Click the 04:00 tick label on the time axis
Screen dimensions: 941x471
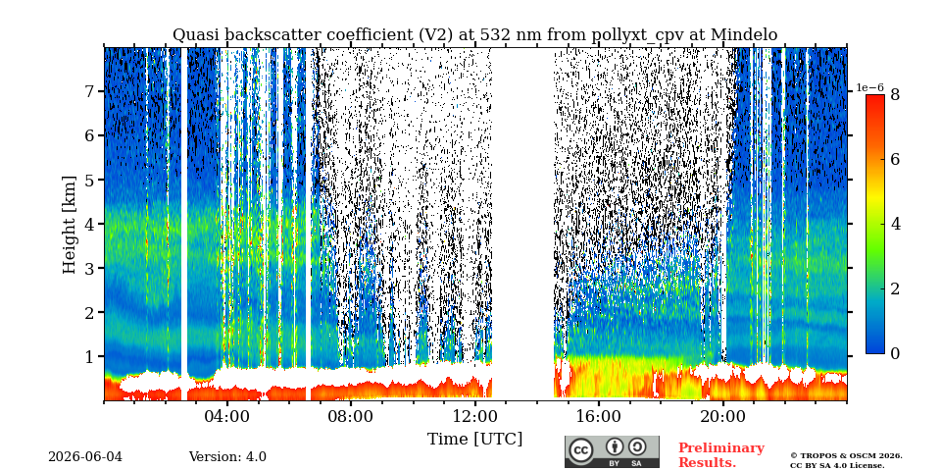(227, 416)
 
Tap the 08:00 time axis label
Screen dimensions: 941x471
(351, 416)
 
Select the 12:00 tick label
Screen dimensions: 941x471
(474, 416)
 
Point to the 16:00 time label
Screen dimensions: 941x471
(599, 416)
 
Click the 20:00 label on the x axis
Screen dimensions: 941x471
(722, 416)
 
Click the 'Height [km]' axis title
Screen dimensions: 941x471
(70, 225)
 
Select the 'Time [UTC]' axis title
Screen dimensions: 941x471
(474, 440)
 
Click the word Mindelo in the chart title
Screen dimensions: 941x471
(744, 35)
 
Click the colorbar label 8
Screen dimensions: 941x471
(895, 94)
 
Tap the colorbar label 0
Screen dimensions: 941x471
(895, 354)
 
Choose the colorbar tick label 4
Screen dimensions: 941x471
(895, 224)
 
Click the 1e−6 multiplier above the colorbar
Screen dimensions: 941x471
(870, 87)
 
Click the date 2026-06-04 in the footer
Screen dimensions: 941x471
(84, 457)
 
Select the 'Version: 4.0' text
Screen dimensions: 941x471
(227, 457)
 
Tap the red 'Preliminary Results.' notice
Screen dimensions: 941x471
(721, 455)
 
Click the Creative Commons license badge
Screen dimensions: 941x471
(612, 451)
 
